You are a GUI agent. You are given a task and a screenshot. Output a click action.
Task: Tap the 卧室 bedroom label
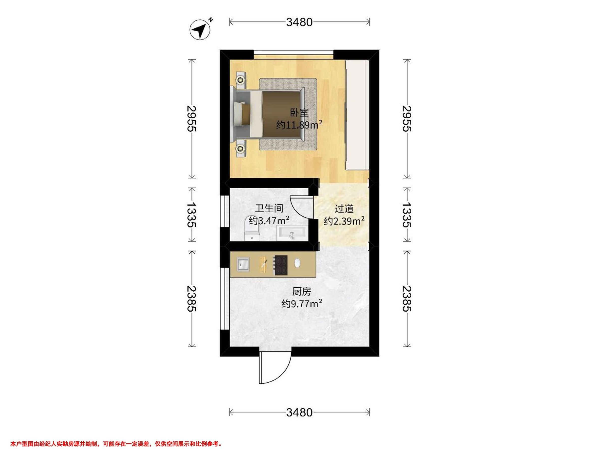[299, 112]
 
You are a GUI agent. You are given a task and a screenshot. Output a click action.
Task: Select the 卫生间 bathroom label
[269, 208]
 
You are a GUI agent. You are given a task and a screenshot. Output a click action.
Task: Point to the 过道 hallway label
[344, 209]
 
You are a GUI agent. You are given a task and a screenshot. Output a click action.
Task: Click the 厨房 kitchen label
[302, 292]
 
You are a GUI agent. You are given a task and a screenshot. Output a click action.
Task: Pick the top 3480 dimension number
[299, 22]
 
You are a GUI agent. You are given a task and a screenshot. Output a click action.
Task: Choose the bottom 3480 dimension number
[299, 413]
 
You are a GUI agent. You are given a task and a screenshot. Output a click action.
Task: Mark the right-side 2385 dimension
[407, 299]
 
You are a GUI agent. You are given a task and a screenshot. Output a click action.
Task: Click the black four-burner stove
[281, 266]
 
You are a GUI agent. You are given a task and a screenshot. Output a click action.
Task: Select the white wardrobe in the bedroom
[357, 115]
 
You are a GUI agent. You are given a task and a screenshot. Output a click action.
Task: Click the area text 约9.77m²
[302, 304]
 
